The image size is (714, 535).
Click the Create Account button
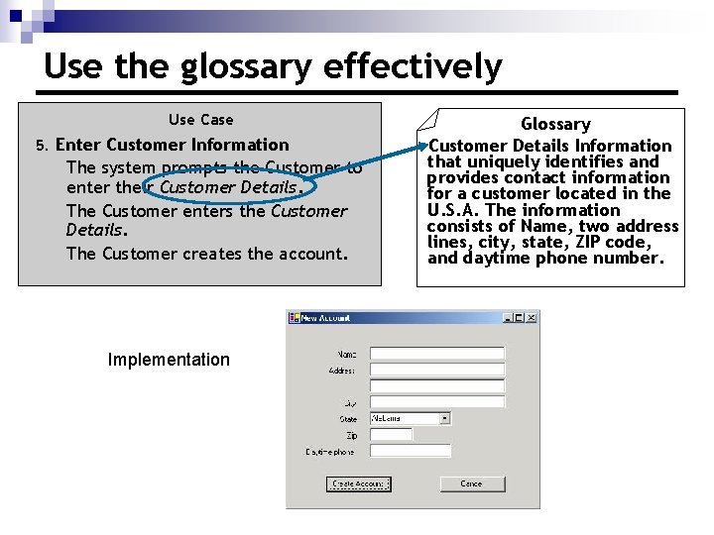pyautogui.click(x=358, y=483)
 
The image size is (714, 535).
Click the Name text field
pyautogui.click(x=436, y=354)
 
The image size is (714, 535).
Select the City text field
pyautogui.click(x=436, y=402)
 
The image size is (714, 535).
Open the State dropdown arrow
pyautogui.click(x=444, y=419)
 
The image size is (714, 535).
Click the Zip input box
pyautogui.click(x=391, y=434)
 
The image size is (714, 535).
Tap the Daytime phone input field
pyautogui.click(x=411, y=451)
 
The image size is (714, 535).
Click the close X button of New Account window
pyautogui.click(x=532, y=318)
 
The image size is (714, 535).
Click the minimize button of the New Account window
pyautogui.click(x=508, y=318)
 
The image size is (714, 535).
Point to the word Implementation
pyautogui.click(x=169, y=360)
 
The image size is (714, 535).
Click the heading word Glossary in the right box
pyautogui.click(x=555, y=124)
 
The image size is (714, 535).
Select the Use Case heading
pyautogui.click(x=201, y=120)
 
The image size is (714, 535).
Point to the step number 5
pyautogui.click(x=41, y=146)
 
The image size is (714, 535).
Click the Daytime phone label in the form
pyautogui.click(x=329, y=452)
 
